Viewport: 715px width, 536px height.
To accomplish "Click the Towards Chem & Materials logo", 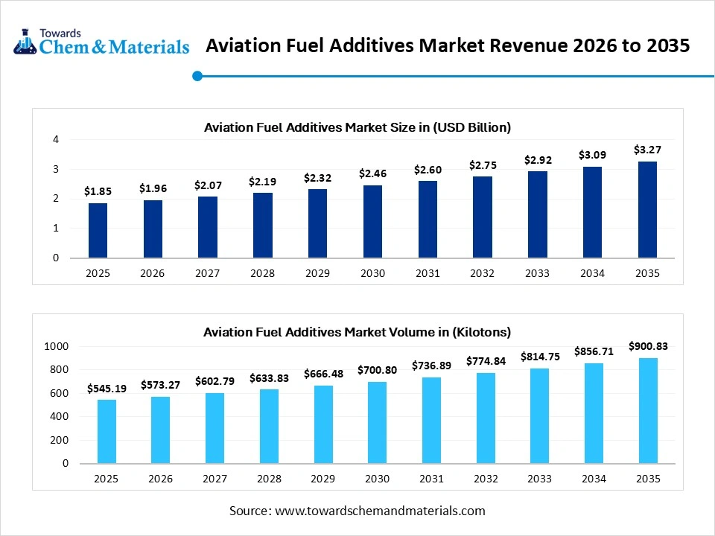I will [101, 42].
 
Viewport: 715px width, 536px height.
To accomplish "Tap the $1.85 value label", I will [98, 191].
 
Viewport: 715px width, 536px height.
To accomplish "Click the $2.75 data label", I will [483, 165].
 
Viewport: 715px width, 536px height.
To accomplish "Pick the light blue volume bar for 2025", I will [107, 431].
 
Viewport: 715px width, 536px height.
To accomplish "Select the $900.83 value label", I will [647, 346].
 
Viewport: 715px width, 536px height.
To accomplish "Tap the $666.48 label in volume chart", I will [323, 374].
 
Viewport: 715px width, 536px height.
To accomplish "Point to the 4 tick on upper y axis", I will [56, 139].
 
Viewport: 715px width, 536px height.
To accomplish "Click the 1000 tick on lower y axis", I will [56, 346].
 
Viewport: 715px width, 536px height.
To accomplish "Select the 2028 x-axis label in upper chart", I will [262, 273].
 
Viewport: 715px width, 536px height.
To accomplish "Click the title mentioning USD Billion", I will [357, 127].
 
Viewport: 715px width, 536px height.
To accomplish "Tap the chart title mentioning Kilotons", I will [357, 332].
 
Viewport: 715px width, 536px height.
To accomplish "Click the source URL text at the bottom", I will [357, 511].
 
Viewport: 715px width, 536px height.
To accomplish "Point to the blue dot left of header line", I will [197, 75].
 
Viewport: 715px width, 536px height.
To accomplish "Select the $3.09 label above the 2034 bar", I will [592, 155].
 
